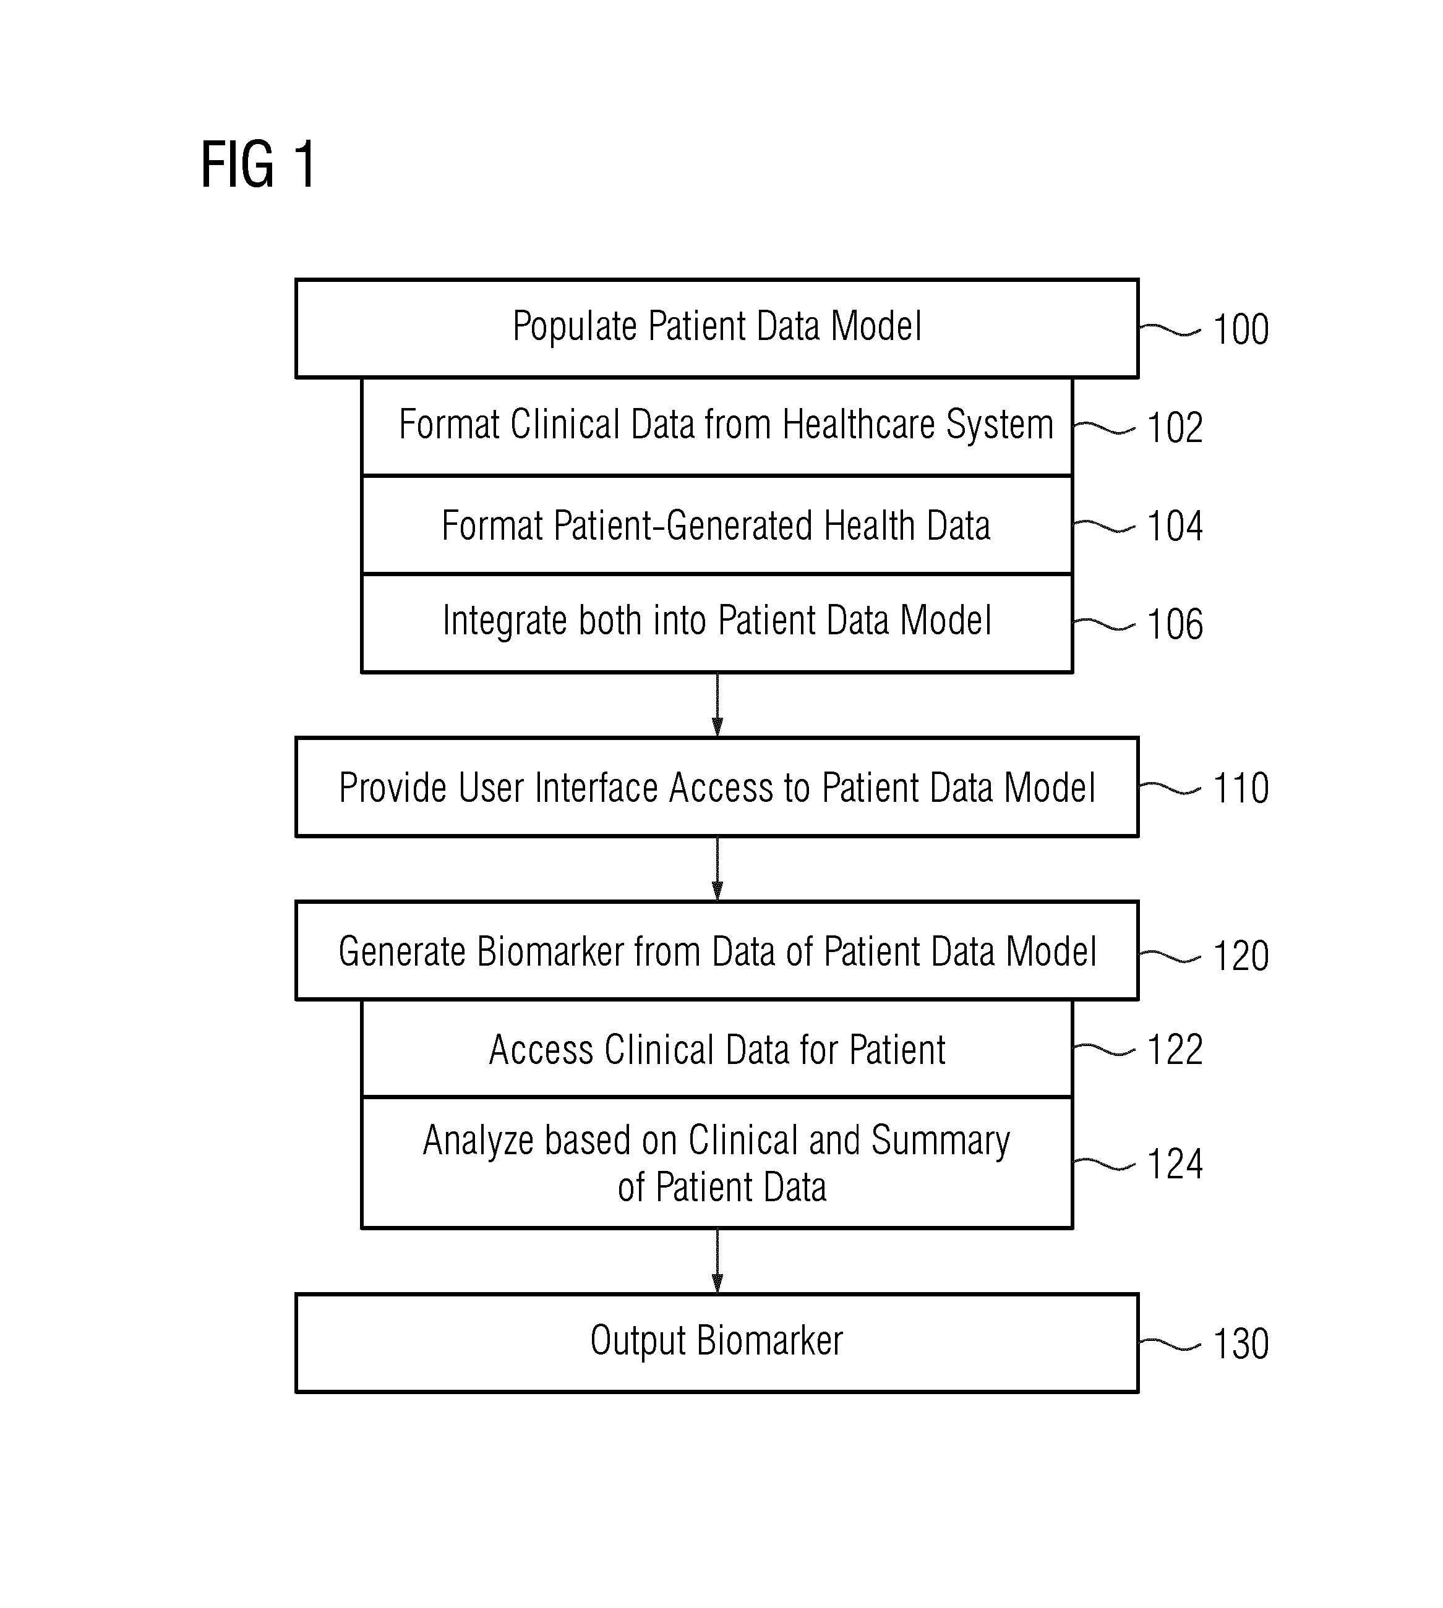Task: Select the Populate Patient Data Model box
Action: pyautogui.click(x=717, y=328)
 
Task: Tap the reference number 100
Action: pyautogui.click(x=1241, y=329)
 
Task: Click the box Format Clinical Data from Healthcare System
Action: pyautogui.click(x=717, y=427)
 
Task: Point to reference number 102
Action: pyautogui.click(x=1175, y=427)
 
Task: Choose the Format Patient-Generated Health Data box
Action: pyautogui.click(x=717, y=525)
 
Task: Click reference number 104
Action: pyautogui.click(x=1175, y=525)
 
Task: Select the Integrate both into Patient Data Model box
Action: pyautogui.click(x=717, y=623)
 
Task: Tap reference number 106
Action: pyautogui.click(x=1175, y=624)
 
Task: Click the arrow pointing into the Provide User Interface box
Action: pyautogui.click(x=717, y=705)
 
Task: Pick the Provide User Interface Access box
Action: pyautogui.click(x=717, y=787)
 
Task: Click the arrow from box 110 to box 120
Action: pyautogui.click(x=717, y=869)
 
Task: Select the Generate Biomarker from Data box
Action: pyautogui.click(x=717, y=950)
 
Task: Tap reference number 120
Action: pyautogui.click(x=1241, y=955)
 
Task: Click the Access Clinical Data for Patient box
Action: pyautogui.click(x=717, y=1049)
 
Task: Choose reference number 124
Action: pyautogui.click(x=1175, y=1163)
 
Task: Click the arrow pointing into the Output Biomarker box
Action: pyautogui.click(x=717, y=1262)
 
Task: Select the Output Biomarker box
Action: pyautogui.click(x=717, y=1343)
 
